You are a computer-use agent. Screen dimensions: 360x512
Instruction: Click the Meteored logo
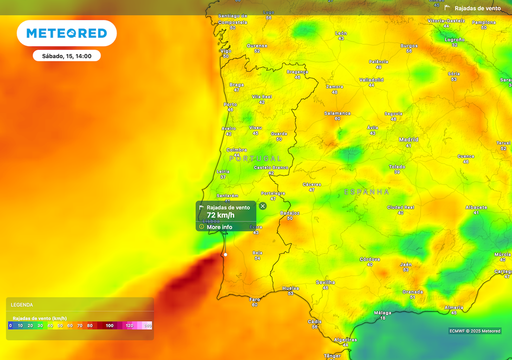tap(66, 33)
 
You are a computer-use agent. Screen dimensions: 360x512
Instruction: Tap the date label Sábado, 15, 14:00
tap(66, 56)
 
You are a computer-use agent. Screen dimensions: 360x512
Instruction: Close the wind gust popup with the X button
tap(263, 206)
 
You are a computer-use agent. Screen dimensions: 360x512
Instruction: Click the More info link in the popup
tap(219, 227)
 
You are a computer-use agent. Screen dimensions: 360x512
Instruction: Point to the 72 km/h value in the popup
tap(220, 215)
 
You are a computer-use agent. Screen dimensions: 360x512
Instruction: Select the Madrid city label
tap(408, 140)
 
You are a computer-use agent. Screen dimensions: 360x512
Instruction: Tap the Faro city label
tap(255, 299)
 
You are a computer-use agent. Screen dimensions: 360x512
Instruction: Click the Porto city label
tap(230, 104)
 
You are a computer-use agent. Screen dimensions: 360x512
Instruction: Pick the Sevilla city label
tap(325, 282)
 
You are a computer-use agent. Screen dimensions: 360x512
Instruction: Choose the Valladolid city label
tap(371, 80)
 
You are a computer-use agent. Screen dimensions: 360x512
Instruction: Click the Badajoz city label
tap(289, 213)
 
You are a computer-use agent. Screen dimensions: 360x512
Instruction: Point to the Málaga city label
tap(383, 313)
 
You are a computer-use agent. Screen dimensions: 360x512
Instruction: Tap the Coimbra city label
tap(236, 150)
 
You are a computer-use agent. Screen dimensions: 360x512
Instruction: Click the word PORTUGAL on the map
tap(255, 158)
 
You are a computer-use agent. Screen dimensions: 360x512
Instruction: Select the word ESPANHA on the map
tap(366, 191)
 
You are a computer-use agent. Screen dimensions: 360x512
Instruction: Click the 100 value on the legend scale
tap(109, 325)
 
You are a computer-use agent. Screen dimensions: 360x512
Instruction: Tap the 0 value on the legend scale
tap(10, 325)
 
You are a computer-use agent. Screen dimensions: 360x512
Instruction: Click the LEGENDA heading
tap(22, 304)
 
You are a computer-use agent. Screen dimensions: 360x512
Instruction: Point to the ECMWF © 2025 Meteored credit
tap(474, 331)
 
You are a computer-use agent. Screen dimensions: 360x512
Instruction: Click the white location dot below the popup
tap(225, 254)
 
